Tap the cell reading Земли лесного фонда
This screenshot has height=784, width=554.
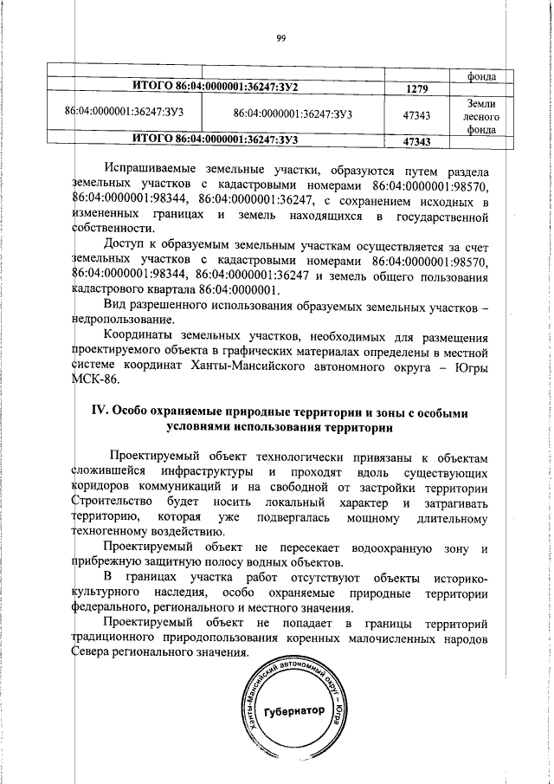point(478,116)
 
